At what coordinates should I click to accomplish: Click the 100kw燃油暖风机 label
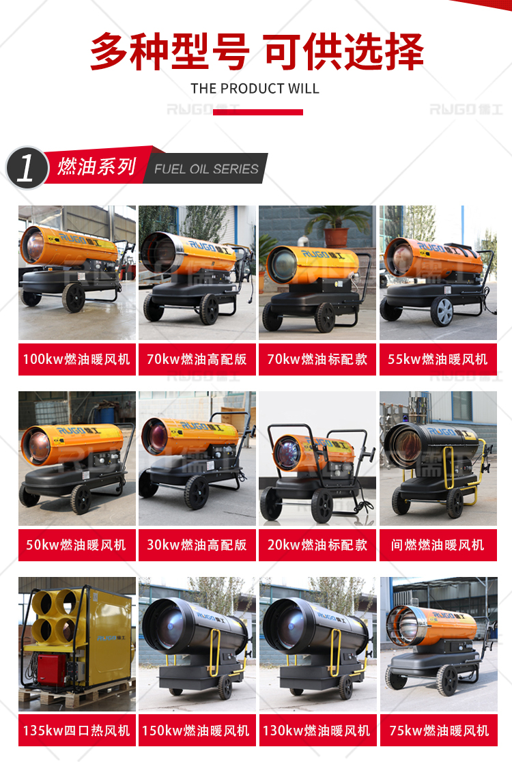point(76,359)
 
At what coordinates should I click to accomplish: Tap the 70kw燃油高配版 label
point(197,359)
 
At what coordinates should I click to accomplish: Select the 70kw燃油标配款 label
point(317,359)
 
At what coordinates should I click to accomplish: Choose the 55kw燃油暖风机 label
point(438,359)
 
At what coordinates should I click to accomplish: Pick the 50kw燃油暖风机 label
point(76,545)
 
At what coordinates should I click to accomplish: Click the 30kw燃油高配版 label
point(197,545)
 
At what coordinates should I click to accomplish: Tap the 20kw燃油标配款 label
point(317,545)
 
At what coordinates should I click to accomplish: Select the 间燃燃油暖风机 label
point(438,545)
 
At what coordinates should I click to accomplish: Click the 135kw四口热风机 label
point(76,731)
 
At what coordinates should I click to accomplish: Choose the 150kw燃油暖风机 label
point(197,731)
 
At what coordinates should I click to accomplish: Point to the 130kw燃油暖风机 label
point(317,731)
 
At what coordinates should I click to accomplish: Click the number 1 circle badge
point(27,168)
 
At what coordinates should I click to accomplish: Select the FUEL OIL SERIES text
point(206,169)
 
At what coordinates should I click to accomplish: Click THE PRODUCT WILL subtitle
point(255,89)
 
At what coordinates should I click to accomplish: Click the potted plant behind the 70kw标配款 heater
point(336,226)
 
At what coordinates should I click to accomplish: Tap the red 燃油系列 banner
point(97,166)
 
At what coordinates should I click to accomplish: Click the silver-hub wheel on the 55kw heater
point(442,311)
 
